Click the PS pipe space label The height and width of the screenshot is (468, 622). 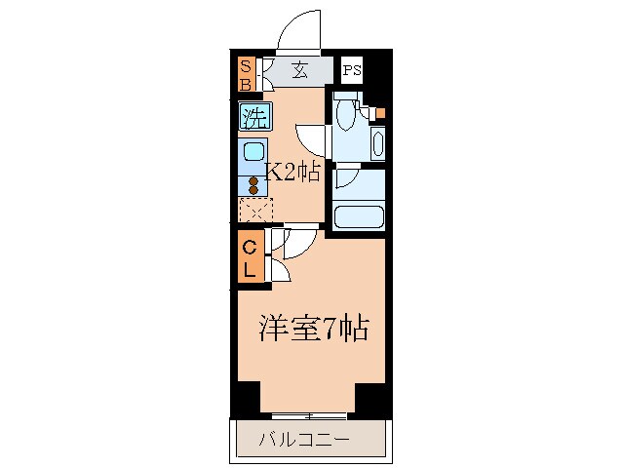pos(352,70)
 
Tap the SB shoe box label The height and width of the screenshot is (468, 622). pos(247,73)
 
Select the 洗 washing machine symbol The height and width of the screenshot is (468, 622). pos(255,119)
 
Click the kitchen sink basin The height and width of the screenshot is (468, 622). pos(253,153)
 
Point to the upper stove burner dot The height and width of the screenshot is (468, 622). pos(253,180)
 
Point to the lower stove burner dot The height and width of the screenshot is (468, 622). pos(253,191)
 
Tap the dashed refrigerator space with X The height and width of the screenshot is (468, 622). pos(256,210)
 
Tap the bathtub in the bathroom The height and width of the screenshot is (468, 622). pos(359,214)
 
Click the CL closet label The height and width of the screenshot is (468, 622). pos(250,257)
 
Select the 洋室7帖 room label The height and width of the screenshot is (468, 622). pos(312,328)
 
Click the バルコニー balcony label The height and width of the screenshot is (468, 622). pos(304,440)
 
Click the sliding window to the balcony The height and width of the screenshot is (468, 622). pos(308,415)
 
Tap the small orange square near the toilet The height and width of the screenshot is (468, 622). pos(380,113)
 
